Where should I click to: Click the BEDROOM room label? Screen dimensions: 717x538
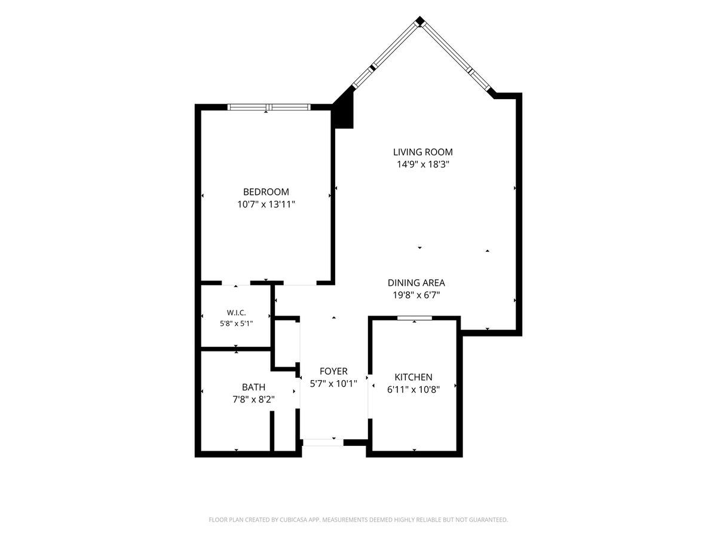(266, 192)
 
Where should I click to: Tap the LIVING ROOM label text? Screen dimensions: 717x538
(422, 152)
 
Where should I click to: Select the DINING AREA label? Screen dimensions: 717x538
(416, 283)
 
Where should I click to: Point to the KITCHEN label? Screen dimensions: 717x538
(413, 377)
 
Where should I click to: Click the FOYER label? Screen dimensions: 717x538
(333, 371)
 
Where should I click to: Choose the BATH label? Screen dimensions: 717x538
(253, 387)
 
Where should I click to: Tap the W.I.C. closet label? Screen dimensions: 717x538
(236, 313)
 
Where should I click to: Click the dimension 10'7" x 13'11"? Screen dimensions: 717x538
(266, 204)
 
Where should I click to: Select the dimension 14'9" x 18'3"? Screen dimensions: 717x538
(423, 164)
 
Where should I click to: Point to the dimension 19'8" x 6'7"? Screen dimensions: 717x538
(416, 295)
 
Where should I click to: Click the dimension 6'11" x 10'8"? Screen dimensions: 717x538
(413, 390)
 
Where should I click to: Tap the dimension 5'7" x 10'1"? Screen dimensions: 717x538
(333, 384)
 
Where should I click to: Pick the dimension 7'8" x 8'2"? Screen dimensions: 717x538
(253, 399)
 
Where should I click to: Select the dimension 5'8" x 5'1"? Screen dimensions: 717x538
(237, 324)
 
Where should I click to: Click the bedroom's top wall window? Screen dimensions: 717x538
(269, 107)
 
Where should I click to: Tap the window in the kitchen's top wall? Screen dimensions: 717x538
(415, 318)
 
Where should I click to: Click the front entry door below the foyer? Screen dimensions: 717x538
(323, 442)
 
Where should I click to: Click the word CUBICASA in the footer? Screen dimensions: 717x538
(293, 519)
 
